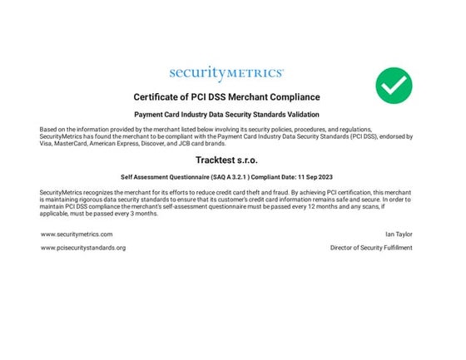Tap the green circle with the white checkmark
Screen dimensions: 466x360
(394, 85)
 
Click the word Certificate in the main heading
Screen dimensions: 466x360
(159, 96)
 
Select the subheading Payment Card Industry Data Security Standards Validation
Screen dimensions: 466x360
(226, 114)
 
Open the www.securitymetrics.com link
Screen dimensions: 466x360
(77, 234)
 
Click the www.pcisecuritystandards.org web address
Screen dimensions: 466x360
(83, 248)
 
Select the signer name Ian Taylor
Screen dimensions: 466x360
(399, 234)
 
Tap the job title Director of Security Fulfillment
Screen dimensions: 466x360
(371, 248)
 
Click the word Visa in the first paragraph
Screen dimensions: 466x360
(47, 143)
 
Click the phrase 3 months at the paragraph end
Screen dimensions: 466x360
(143, 214)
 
